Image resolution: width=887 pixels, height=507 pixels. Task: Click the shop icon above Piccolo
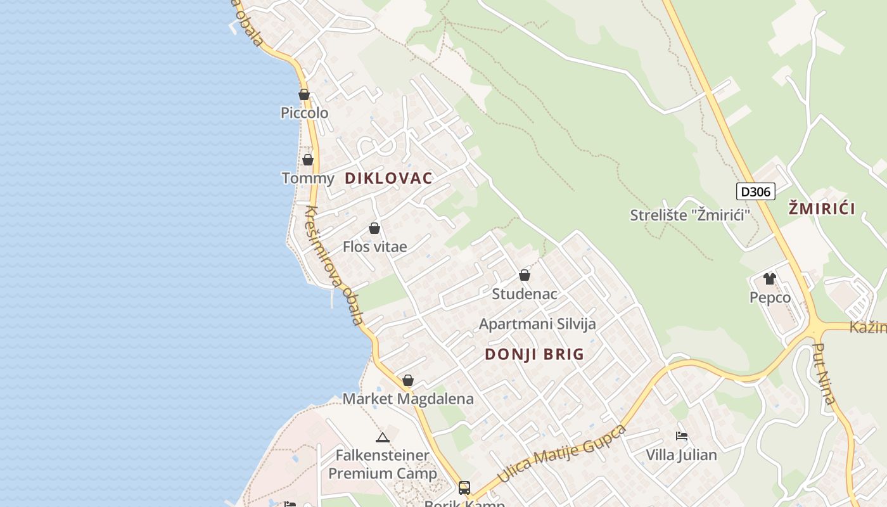click(304, 95)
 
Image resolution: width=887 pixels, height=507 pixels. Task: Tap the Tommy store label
click(307, 178)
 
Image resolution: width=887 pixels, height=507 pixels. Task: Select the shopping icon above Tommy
click(308, 160)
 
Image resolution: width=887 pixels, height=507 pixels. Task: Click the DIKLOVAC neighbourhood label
click(388, 178)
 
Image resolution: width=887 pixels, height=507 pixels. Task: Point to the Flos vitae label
click(374, 247)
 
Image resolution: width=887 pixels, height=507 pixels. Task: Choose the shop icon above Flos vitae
click(374, 228)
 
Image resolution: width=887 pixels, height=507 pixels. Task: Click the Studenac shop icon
click(525, 275)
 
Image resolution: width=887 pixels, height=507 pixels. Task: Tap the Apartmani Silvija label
click(537, 324)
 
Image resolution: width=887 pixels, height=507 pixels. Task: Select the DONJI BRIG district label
click(534, 354)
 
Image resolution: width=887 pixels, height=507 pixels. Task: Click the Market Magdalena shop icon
click(408, 380)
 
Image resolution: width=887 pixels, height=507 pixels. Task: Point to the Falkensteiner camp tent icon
click(382, 437)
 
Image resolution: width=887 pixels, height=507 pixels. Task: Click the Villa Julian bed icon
click(682, 436)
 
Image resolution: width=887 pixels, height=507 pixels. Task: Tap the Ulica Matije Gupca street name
click(561, 454)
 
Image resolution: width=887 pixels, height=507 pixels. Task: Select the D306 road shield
click(755, 191)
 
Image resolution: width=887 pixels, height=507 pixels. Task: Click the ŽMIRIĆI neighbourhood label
click(822, 209)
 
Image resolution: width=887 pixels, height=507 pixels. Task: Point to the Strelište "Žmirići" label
click(689, 215)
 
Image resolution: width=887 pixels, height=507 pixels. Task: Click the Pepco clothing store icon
click(770, 279)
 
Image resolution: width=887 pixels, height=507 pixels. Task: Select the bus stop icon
click(464, 487)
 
